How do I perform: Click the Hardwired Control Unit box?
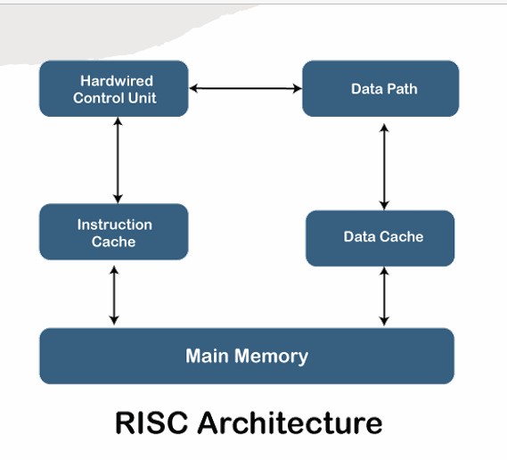[114, 88]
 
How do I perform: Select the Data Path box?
[380, 88]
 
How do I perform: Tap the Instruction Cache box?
[114, 232]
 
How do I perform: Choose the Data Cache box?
[380, 238]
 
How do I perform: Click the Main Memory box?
[247, 357]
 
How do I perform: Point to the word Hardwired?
[117, 80]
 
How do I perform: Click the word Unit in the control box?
[143, 98]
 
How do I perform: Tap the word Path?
[402, 89]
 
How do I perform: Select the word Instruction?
[115, 225]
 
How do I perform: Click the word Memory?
[271, 357]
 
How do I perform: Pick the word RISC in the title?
[151, 423]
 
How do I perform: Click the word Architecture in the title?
[290, 423]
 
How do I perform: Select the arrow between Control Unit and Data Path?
[245, 88]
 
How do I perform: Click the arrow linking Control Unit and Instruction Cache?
[118, 160]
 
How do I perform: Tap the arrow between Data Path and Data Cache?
[384, 167]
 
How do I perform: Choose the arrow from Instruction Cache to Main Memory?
[114, 295]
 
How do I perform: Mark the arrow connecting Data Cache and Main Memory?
[384, 296]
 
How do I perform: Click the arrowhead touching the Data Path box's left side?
[298, 88]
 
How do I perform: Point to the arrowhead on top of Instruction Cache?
[118, 200]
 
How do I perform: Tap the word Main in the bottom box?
[207, 355]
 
